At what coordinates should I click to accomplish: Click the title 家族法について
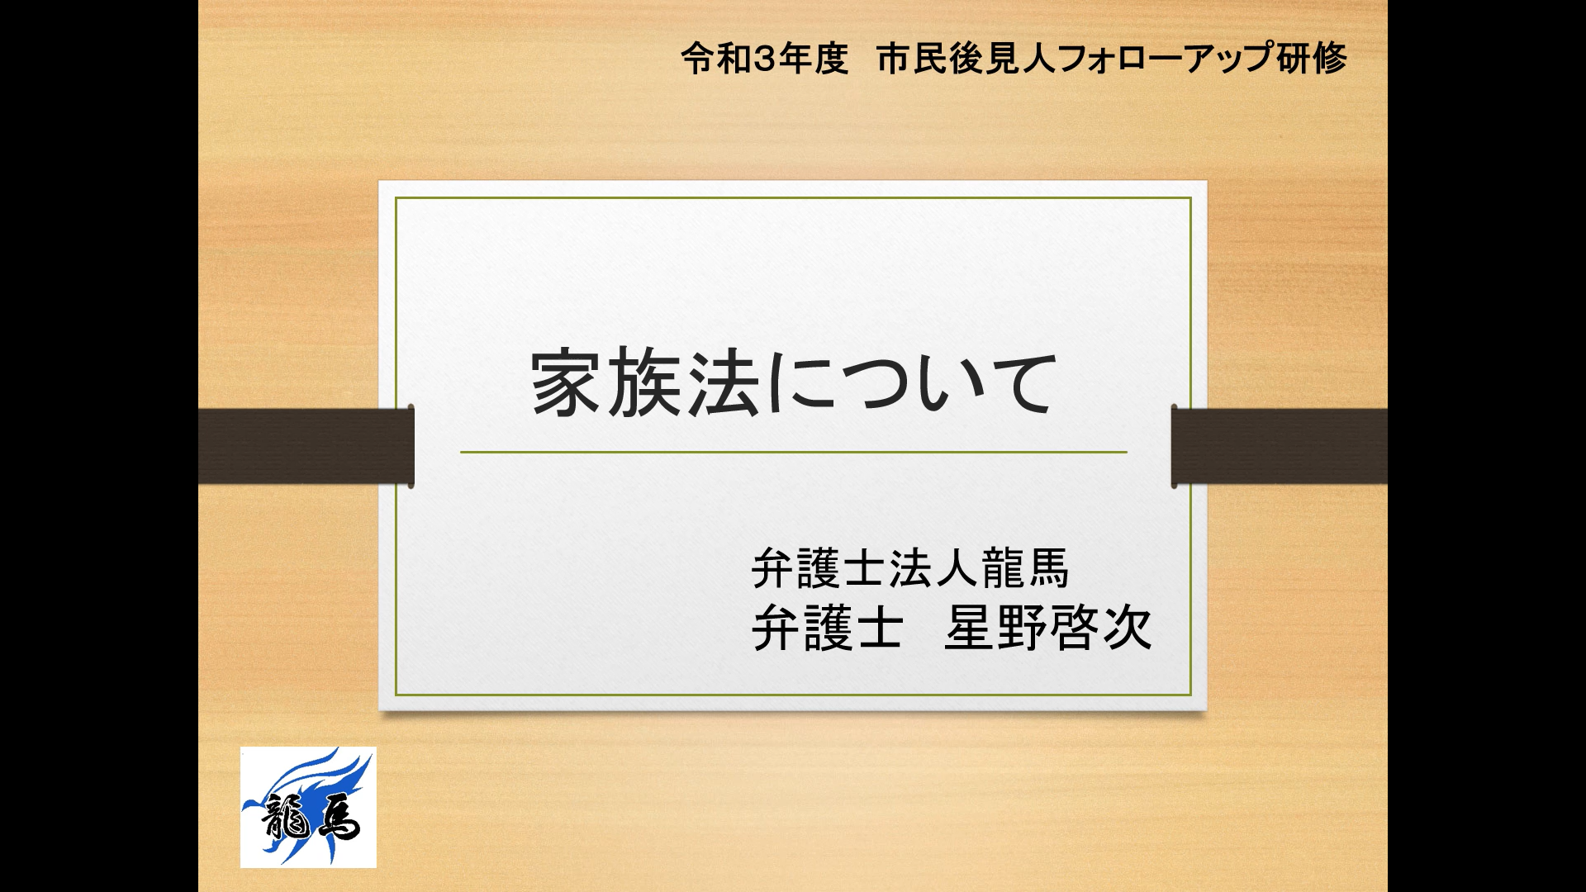click(x=794, y=383)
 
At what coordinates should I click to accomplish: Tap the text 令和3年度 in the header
click(x=765, y=59)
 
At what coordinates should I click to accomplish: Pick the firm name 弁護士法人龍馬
click(x=910, y=569)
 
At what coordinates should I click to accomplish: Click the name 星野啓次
click(x=1048, y=629)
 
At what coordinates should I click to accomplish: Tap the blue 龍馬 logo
click(x=308, y=807)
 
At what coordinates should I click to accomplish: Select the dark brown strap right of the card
click(x=1280, y=446)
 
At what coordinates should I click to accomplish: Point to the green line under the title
click(x=794, y=453)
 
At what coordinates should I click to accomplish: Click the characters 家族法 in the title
click(x=644, y=383)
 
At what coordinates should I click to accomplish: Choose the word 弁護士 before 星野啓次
click(x=826, y=629)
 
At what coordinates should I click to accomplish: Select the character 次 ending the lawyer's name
click(x=1126, y=629)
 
